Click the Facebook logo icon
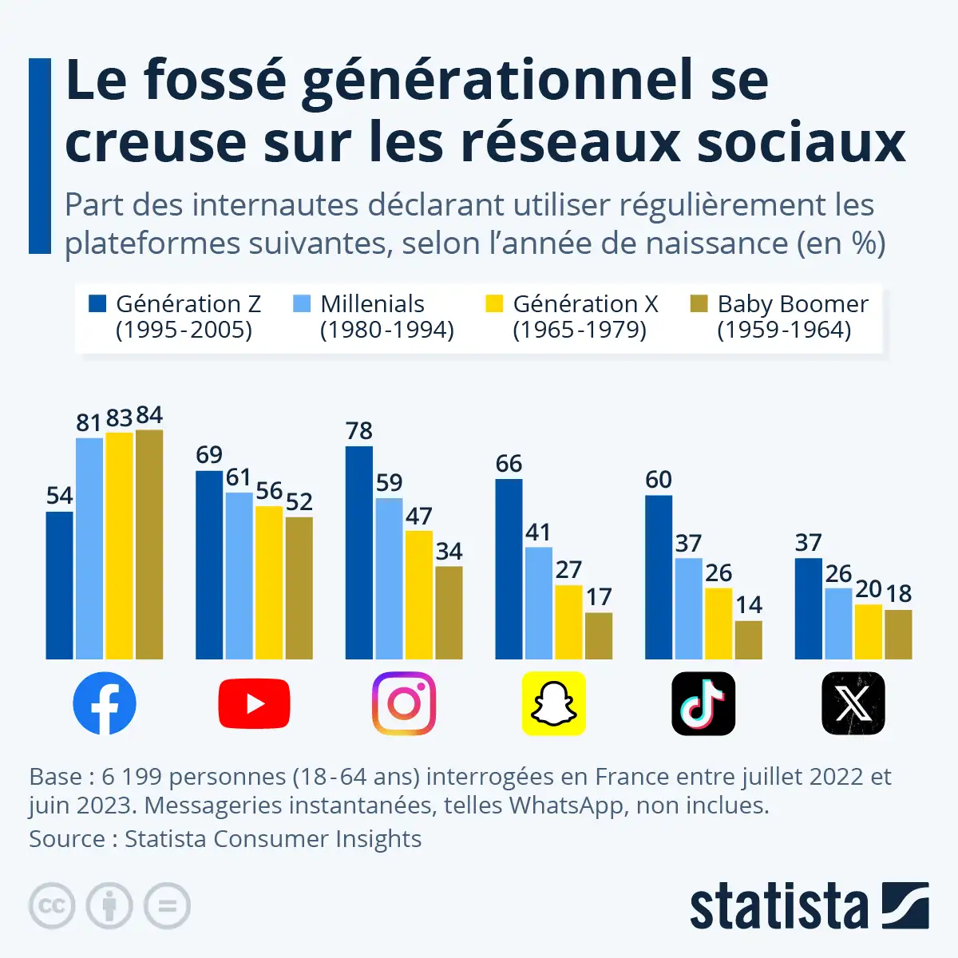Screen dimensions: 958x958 point(105,703)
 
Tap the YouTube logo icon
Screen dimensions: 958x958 point(254,703)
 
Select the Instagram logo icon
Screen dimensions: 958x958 point(404,703)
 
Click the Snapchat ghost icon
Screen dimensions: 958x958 point(553,703)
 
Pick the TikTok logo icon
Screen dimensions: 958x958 point(703,703)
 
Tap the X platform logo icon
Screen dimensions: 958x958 point(853,703)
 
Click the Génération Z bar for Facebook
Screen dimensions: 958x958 point(59,585)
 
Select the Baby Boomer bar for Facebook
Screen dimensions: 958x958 point(149,544)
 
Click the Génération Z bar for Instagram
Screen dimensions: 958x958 point(358,552)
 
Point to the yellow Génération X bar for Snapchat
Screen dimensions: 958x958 point(568,622)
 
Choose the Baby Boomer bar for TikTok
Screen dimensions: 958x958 point(748,639)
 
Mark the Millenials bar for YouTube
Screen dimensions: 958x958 point(239,576)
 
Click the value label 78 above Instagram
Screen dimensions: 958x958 point(359,431)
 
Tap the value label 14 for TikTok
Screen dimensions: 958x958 point(749,605)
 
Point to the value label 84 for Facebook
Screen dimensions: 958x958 point(149,415)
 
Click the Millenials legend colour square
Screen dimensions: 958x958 point(302,304)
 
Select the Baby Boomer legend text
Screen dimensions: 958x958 point(792,317)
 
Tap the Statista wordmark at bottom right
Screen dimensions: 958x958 point(778,907)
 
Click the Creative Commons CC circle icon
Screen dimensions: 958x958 point(52,906)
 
